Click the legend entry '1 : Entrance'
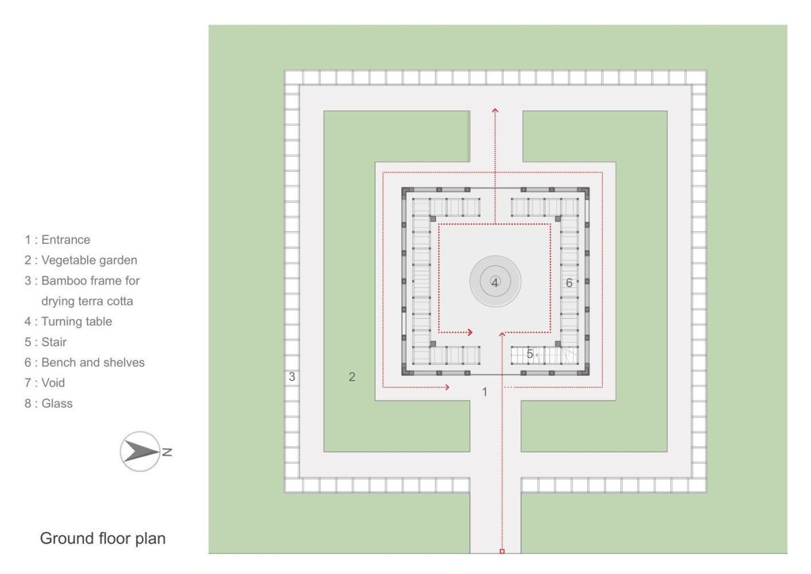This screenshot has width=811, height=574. [57, 240]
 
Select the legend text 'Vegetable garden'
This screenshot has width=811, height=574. [89, 260]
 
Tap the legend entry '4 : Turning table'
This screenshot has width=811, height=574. [68, 322]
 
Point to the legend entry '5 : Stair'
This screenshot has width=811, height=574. [46, 342]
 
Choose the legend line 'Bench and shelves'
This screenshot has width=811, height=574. [93, 362]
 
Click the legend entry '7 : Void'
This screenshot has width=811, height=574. [45, 383]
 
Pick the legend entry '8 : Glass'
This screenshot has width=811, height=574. [49, 404]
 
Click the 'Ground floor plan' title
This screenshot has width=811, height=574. [103, 539]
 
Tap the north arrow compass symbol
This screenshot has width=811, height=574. [140, 452]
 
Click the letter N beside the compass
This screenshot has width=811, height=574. [167, 452]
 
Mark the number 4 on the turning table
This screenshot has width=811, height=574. [495, 283]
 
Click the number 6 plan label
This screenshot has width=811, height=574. [569, 283]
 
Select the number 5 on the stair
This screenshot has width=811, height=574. [530, 354]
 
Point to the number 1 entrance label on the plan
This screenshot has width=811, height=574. [485, 392]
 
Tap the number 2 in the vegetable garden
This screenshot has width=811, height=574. [352, 377]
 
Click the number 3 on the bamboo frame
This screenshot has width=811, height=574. [292, 377]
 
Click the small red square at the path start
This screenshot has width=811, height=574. [502, 551]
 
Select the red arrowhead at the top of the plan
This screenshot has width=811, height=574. [495, 110]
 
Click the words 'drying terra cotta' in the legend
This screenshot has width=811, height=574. [87, 302]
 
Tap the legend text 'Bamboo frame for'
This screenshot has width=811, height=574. [91, 281]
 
